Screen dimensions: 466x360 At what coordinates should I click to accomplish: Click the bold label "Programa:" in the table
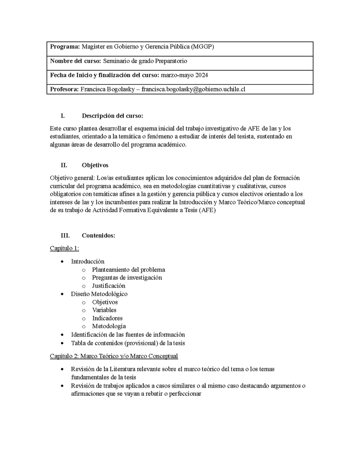[x=65, y=46]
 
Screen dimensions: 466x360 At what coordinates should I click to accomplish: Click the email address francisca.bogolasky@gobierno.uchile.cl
[x=193, y=89]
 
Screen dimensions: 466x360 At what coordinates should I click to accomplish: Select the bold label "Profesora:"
[x=64, y=89]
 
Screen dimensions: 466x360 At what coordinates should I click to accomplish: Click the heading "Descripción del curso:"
[x=112, y=116]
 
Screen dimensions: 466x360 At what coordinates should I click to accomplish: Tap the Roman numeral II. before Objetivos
[x=64, y=165]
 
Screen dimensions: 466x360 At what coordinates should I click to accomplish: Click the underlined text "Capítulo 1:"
[x=64, y=248]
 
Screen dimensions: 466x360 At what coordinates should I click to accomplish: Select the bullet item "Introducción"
[x=88, y=261]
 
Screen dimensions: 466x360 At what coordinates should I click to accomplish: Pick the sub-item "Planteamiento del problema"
[x=128, y=270]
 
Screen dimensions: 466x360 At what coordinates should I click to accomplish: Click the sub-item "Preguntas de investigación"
[x=127, y=277]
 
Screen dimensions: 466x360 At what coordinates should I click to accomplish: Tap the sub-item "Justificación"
[x=108, y=285]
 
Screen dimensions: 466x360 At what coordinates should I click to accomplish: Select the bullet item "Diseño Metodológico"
[x=99, y=294]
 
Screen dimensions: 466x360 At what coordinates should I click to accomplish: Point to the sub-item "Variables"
[x=104, y=310]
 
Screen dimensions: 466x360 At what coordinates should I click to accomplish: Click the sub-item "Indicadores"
[x=107, y=318]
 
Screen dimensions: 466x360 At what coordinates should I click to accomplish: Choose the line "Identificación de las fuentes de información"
[x=128, y=335]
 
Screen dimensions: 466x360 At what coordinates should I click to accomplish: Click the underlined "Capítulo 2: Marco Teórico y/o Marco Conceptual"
[x=114, y=356]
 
